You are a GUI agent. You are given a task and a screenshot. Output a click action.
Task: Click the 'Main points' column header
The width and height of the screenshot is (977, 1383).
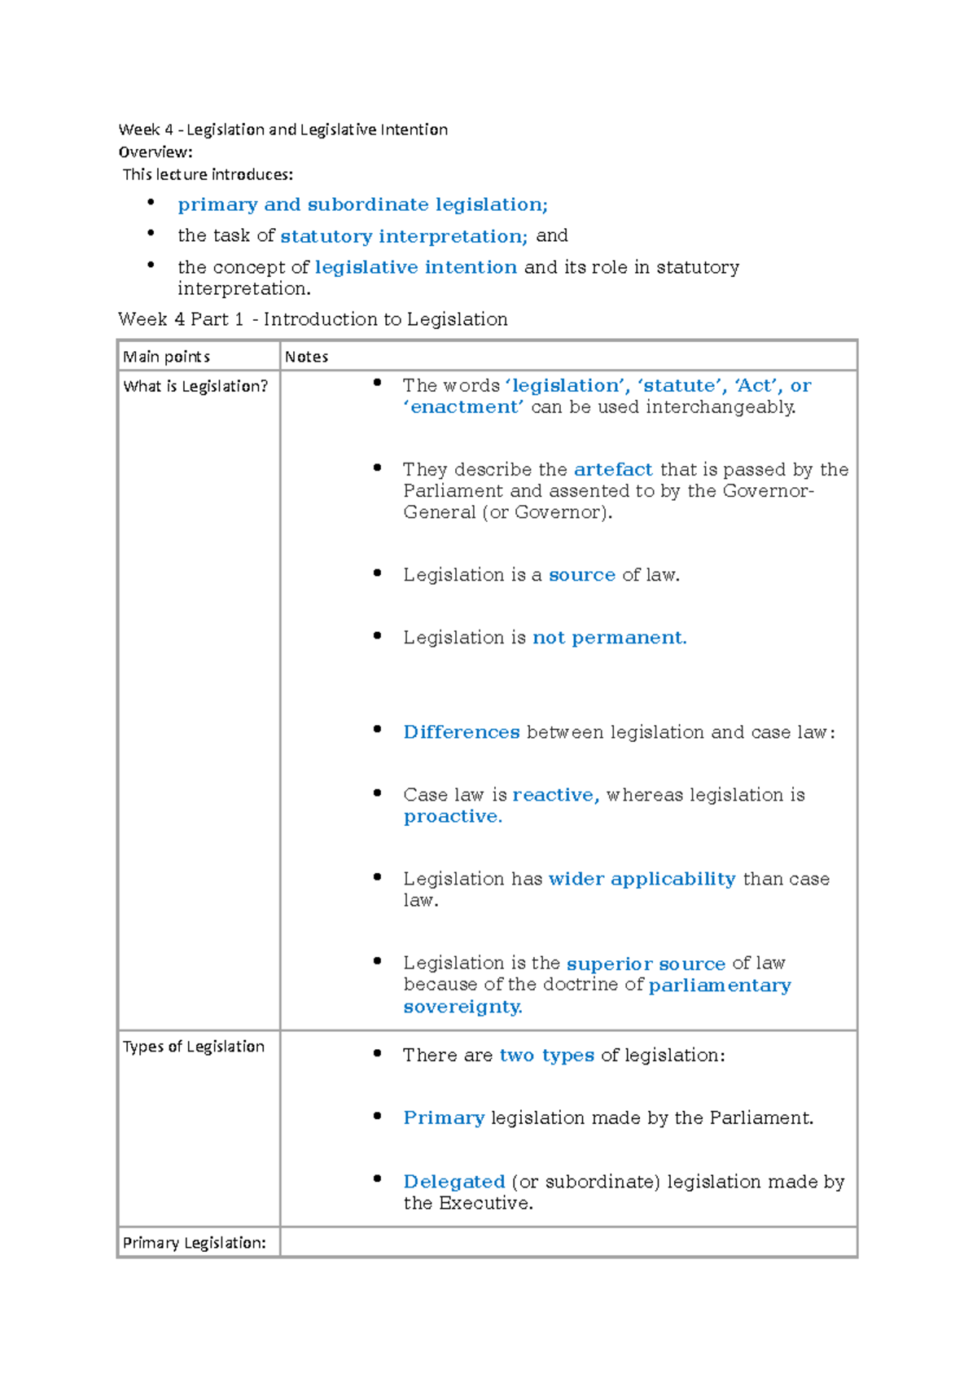pos(166,357)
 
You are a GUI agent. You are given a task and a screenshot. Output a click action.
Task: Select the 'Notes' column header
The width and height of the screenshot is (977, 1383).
pos(307,357)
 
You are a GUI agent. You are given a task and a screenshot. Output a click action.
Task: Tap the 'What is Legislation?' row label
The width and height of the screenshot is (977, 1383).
pos(195,386)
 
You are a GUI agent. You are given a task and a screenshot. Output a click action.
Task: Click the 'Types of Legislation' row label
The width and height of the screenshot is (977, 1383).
pos(194,1047)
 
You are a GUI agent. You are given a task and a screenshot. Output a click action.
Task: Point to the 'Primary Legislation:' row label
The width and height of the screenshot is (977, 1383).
pos(194,1243)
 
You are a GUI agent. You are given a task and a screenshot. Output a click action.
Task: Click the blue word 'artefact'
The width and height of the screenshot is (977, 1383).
pos(613,470)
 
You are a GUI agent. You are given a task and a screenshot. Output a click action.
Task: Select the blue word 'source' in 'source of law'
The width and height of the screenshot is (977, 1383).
pos(581,575)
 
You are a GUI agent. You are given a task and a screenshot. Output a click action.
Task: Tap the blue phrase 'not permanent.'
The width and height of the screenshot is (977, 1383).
pos(609,638)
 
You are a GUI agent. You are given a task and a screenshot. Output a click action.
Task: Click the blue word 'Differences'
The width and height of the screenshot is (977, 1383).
pos(461,732)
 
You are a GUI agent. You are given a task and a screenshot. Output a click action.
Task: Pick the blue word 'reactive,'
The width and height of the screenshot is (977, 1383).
pos(555,795)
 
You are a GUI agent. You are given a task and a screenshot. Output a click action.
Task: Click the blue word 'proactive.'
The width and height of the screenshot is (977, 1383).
pos(453,817)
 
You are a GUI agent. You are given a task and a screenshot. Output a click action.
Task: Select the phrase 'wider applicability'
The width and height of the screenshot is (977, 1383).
pos(642,879)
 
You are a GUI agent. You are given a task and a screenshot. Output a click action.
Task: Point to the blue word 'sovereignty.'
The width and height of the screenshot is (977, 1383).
pos(462,1008)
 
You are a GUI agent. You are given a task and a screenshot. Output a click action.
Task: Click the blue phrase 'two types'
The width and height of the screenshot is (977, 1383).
pos(546,1056)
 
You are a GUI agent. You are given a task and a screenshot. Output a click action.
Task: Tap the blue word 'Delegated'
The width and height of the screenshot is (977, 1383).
pos(454,1182)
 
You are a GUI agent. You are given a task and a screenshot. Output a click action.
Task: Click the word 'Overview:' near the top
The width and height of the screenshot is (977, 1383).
pos(156,152)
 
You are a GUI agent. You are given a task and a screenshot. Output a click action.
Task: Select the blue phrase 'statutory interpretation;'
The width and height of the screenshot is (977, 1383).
pos(404,236)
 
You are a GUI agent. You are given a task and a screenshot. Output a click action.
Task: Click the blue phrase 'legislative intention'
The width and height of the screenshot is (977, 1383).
pos(415,267)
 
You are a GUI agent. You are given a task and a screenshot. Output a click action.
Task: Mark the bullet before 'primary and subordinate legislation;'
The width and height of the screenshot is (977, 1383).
pos(151,201)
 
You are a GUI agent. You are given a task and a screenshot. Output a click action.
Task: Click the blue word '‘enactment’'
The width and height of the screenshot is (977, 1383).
pos(463,407)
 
